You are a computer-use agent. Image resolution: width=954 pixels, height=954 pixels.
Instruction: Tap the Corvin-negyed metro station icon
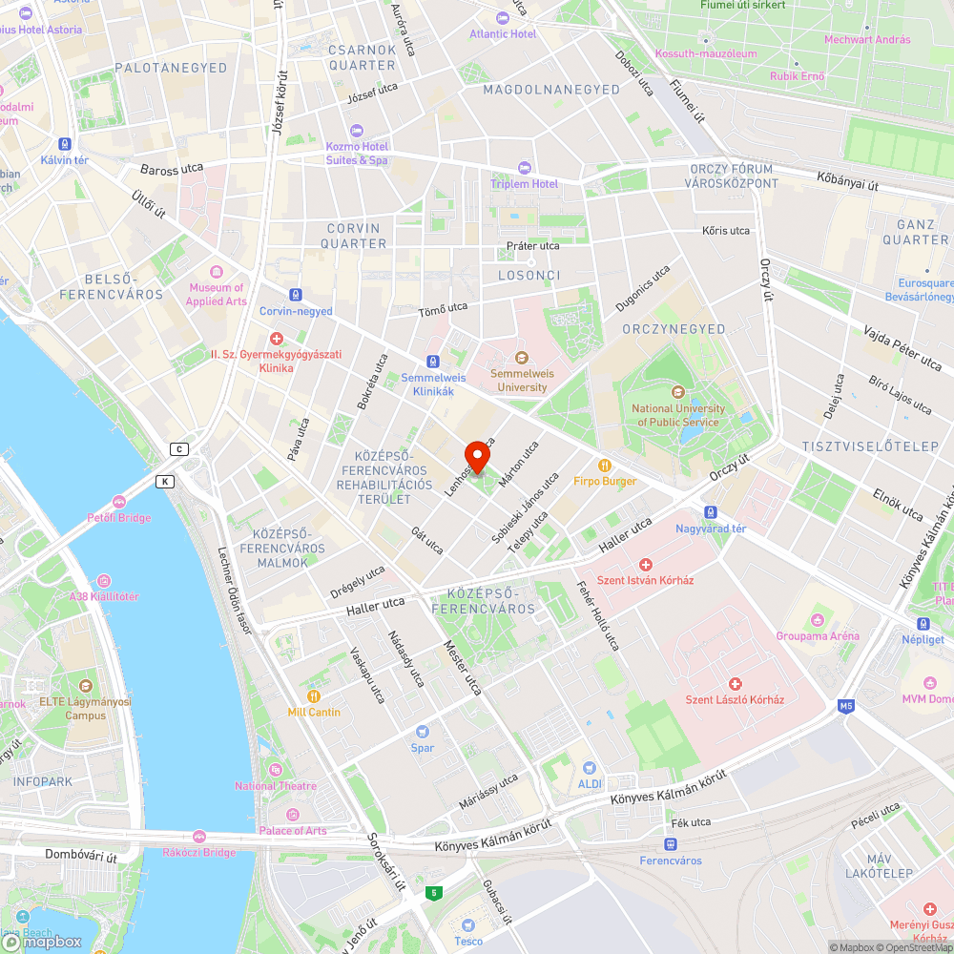[296, 295]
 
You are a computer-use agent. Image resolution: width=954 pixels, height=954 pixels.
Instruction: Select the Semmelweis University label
[522, 381]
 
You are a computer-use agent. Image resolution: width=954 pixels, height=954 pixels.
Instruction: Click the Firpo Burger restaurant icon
[604, 465]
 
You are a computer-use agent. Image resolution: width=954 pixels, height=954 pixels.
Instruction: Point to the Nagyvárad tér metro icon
[709, 512]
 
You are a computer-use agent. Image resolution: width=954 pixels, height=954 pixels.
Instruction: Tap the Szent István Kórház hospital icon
[645, 565]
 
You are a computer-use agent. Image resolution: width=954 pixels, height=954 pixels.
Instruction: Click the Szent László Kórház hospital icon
[735, 683]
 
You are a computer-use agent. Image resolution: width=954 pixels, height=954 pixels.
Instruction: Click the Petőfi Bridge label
[120, 517]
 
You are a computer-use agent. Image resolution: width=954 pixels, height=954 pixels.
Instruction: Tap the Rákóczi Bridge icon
[198, 837]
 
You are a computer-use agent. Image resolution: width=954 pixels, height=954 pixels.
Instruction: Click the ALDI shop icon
[590, 767]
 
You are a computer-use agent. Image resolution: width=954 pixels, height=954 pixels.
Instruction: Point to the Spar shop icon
[422, 733]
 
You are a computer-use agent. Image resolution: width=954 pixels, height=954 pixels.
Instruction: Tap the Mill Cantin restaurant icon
[314, 696]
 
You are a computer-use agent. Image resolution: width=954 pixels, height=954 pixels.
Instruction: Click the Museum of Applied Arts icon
[217, 272]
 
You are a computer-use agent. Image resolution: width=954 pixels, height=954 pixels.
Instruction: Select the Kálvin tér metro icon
[65, 144]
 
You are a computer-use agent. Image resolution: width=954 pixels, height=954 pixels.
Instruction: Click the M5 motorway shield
[846, 706]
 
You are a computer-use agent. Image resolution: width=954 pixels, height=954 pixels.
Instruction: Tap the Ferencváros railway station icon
[670, 844]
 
